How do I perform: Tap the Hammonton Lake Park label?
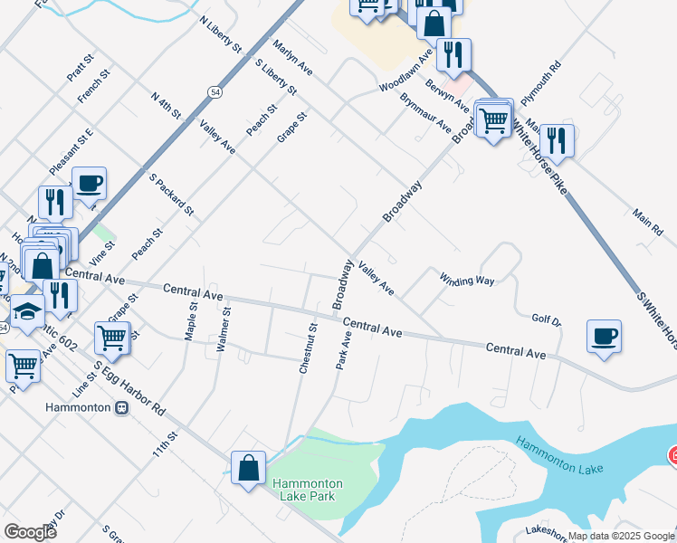[x=304, y=490]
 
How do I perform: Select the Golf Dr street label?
[x=547, y=320]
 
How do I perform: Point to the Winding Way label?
[x=467, y=280]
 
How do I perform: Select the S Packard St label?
[x=172, y=194]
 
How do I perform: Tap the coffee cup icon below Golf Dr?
[x=604, y=336]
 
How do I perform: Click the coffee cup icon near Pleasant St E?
[x=89, y=183]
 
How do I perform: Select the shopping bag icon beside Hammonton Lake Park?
[x=248, y=467]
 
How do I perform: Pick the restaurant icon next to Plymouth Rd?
[x=556, y=140]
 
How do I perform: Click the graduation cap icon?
[x=27, y=312]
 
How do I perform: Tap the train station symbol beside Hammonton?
[x=121, y=407]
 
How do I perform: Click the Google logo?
[x=30, y=532]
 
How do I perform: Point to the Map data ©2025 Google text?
[x=620, y=536]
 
